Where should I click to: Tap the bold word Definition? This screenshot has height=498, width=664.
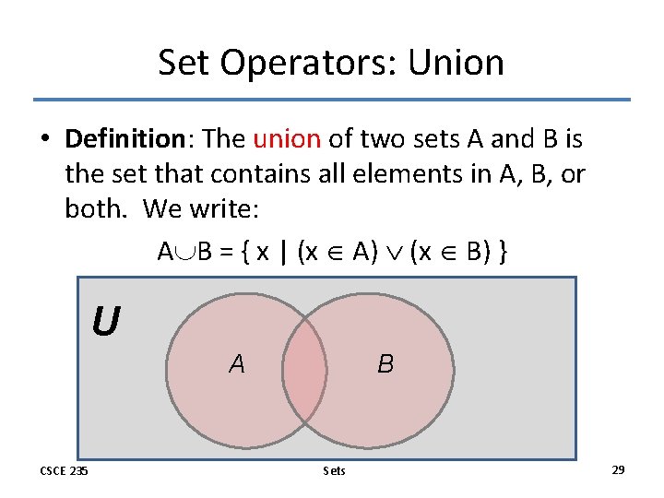point(125,139)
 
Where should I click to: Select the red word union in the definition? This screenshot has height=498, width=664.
point(286,139)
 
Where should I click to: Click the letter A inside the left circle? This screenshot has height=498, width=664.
point(237,364)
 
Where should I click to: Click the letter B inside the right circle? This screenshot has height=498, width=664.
point(385,364)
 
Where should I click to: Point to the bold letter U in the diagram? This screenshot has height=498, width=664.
point(105,322)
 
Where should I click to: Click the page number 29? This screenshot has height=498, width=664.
point(618,470)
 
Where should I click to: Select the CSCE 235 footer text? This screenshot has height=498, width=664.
point(64,471)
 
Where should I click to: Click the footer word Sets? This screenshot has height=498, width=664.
point(335,471)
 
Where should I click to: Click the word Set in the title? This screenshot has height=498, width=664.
point(183,63)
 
